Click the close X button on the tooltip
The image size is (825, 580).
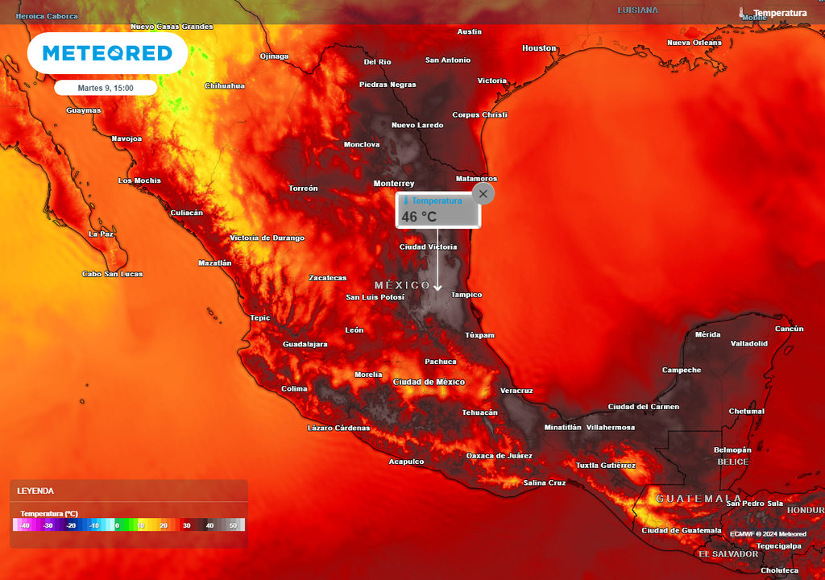(x=483, y=193)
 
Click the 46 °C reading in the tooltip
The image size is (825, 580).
(x=419, y=217)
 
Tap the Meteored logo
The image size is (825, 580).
(x=107, y=53)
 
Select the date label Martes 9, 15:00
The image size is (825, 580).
(x=106, y=88)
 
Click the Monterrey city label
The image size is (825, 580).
(x=394, y=184)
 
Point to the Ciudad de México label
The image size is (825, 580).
(x=429, y=382)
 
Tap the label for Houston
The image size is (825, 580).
(x=539, y=48)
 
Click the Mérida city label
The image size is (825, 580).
(x=707, y=334)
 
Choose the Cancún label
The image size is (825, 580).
(x=789, y=329)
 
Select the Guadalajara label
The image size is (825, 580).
(x=305, y=344)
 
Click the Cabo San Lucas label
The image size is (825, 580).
(x=113, y=274)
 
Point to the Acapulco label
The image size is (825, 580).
(x=406, y=462)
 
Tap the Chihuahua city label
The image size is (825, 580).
(x=225, y=85)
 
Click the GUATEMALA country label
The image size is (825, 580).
(x=699, y=499)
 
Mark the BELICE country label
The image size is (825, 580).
(x=733, y=462)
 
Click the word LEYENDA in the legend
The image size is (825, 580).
(x=36, y=491)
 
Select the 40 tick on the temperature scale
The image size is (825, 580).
(x=209, y=526)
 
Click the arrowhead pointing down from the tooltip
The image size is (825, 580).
(x=437, y=287)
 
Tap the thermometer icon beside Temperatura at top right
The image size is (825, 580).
(x=741, y=13)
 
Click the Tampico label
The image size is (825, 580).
(x=466, y=295)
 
